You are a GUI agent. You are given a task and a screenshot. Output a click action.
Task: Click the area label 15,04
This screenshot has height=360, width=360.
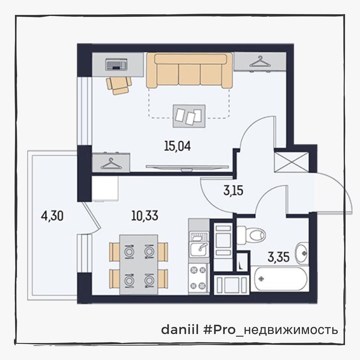click(x=177, y=146)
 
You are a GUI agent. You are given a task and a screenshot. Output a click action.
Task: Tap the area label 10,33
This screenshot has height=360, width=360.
click(x=145, y=216)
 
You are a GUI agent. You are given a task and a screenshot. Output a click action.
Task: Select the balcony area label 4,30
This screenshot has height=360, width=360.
click(x=52, y=216)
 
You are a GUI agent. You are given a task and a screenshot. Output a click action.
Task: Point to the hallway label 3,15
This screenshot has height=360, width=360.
click(x=233, y=190)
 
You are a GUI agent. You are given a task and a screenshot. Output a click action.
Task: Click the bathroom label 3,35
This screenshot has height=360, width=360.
click(x=278, y=257)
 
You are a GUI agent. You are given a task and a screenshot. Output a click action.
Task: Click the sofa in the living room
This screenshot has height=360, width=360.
click(x=190, y=70)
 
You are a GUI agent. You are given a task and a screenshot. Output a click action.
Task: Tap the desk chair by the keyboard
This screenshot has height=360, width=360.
click(x=119, y=85)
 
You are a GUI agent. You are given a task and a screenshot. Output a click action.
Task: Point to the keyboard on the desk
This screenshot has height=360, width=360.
click(x=116, y=64)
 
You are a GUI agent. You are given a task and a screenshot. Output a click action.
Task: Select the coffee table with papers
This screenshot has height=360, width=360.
click(x=189, y=116)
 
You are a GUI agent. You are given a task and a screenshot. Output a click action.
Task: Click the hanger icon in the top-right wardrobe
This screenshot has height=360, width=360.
click(x=260, y=62)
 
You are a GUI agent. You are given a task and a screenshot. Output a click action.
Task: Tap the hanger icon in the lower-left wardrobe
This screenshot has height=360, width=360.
click(x=111, y=163)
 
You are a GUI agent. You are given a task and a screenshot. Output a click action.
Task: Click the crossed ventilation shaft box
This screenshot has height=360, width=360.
click(x=292, y=162)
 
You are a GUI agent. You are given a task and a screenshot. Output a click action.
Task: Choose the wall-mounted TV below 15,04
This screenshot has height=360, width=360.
click(x=187, y=168)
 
